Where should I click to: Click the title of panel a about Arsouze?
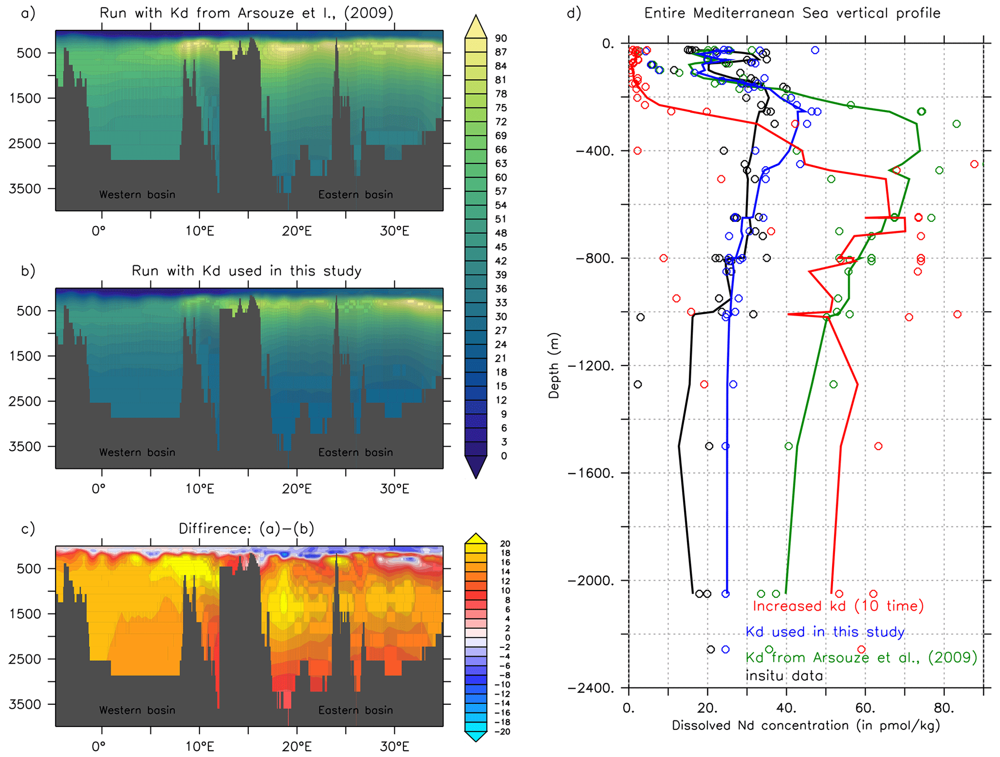[246, 13]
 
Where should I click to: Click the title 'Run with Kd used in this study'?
[246, 271]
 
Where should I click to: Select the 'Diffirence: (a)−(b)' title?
[246, 528]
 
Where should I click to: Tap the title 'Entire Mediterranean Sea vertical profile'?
[792, 13]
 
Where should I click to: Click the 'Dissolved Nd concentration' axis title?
[806, 726]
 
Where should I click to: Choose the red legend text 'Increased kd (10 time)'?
[838, 606]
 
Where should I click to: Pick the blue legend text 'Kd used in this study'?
[825, 632]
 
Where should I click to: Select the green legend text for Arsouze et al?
[861, 657]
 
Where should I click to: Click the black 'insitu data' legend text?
[784, 675]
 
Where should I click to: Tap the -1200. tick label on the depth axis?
[591, 365]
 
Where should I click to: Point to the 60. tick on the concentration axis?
[865, 709]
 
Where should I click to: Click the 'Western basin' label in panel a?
[137, 195]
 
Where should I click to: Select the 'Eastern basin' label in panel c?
[355, 710]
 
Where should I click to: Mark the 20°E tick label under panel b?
[297, 489]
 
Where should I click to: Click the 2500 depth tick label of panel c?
[25, 659]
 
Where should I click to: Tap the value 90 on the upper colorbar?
[501, 38]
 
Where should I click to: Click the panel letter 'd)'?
[574, 13]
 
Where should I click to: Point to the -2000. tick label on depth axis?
[591, 580]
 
